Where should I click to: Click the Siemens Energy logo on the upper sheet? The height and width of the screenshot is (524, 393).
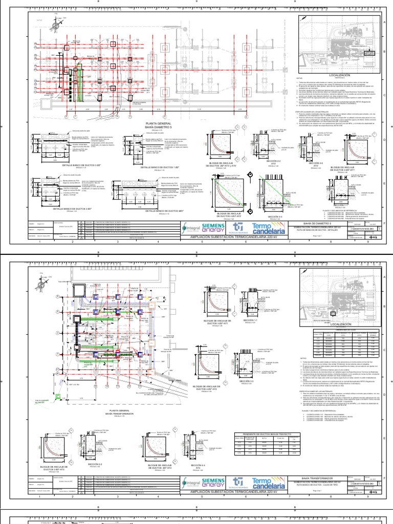coord(214,227)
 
